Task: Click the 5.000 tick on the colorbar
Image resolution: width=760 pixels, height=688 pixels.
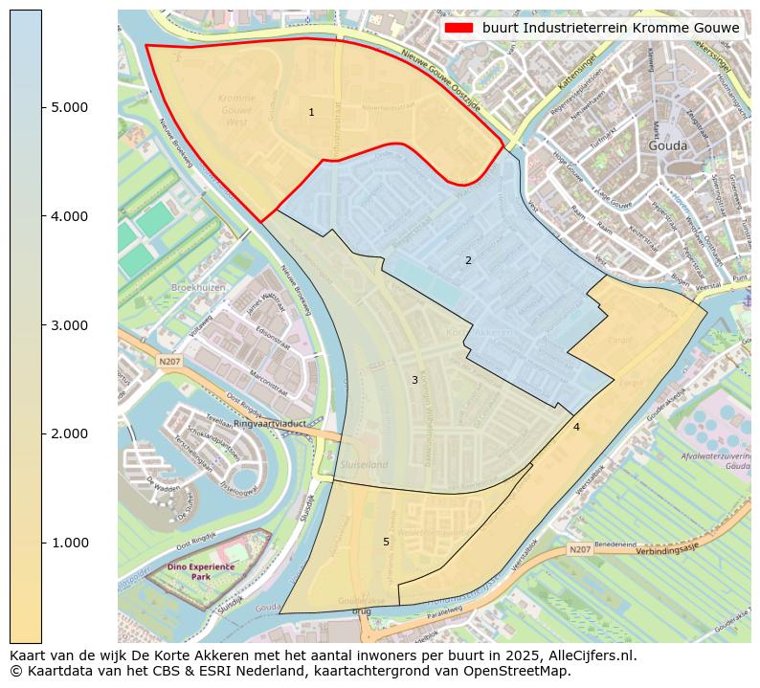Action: pyautogui.click(x=68, y=107)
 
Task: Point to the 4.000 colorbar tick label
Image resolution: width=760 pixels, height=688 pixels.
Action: pyautogui.click(x=68, y=216)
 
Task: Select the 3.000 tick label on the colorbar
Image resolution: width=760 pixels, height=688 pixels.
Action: pyautogui.click(x=68, y=325)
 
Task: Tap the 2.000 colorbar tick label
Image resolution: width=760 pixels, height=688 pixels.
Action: pyautogui.click(x=68, y=434)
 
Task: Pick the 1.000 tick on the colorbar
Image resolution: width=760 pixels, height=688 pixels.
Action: pyautogui.click(x=68, y=544)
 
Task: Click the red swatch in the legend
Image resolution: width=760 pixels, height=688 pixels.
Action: pyautogui.click(x=458, y=29)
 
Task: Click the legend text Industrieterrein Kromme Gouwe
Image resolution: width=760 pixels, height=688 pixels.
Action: pyautogui.click(x=611, y=29)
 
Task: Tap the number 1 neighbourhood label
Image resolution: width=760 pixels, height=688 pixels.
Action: pyautogui.click(x=311, y=113)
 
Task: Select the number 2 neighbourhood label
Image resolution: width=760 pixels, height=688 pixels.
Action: pyautogui.click(x=468, y=260)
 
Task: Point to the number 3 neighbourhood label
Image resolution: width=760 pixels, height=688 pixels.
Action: pyautogui.click(x=414, y=380)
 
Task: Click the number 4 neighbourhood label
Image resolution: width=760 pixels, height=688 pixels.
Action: pyautogui.click(x=576, y=427)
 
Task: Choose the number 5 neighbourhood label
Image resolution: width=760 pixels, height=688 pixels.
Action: pyautogui.click(x=386, y=542)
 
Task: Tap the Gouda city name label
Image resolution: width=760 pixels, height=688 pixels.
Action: pyautogui.click(x=668, y=145)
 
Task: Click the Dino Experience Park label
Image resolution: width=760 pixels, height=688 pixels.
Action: pyautogui.click(x=200, y=572)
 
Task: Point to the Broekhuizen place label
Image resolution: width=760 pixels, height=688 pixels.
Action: pyautogui.click(x=197, y=287)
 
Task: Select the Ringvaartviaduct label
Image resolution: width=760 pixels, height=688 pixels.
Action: pyautogui.click(x=270, y=422)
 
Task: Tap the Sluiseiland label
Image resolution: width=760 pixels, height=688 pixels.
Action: pyautogui.click(x=364, y=464)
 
